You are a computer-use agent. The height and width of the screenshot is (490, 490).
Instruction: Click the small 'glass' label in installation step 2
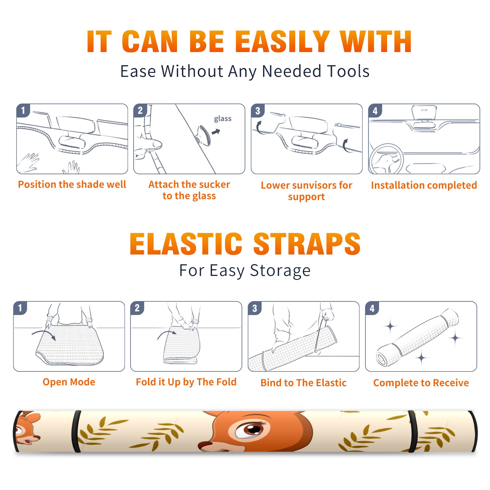(223, 119)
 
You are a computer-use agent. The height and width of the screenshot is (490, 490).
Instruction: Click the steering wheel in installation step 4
(386, 159)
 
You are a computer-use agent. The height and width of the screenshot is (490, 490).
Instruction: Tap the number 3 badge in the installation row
(258, 111)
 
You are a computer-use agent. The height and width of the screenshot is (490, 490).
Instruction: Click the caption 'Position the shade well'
(72, 184)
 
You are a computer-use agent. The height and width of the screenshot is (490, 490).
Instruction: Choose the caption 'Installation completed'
(424, 185)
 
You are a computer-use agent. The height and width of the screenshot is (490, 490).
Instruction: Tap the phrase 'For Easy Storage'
(245, 270)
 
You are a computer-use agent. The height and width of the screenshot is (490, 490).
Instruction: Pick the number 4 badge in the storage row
(372, 308)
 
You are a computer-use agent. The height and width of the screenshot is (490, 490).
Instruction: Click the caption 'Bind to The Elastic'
(303, 383)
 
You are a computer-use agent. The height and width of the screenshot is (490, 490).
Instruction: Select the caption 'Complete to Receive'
(421, 383)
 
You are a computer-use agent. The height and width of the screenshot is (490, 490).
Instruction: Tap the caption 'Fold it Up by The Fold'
(186, 382)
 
